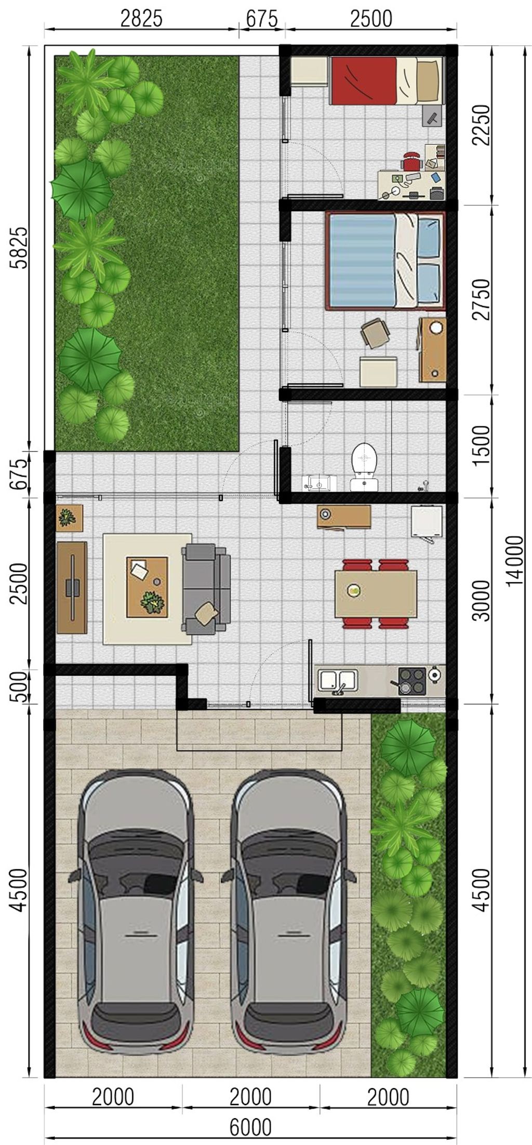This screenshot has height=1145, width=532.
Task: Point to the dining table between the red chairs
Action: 376,594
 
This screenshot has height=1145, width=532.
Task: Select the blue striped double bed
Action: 384,261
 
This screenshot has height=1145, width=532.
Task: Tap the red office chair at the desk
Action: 411,161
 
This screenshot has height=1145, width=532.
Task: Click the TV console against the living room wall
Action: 72,587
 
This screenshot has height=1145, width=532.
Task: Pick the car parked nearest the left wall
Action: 134,918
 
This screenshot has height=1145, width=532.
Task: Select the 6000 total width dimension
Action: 250,1126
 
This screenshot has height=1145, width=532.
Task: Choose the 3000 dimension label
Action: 482,600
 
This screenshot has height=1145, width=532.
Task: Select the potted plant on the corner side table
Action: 68,518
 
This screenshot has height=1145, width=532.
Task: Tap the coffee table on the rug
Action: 147,587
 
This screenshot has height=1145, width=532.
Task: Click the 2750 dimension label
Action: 482,300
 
